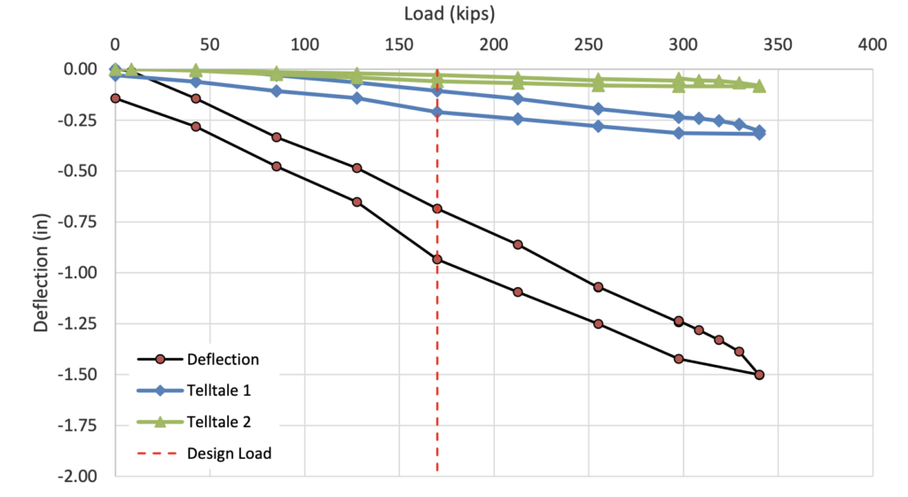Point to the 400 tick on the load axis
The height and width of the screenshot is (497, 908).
[x=873, y=43]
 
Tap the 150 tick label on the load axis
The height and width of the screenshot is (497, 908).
[x=399, y=43]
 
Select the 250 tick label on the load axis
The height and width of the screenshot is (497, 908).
[x=589, y=43]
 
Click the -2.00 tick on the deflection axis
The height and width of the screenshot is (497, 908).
[x=77, y=477]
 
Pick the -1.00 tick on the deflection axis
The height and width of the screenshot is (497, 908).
[x=77, y=273]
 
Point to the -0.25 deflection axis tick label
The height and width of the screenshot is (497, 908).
[x=77, y=120]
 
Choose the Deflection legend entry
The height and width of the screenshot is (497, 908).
[x=223, y=360]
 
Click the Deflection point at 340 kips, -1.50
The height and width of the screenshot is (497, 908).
[x=759, y=375]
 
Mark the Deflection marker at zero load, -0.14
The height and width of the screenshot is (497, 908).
[x=115, y=98]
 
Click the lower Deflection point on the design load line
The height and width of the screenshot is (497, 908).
[x=437, y=260]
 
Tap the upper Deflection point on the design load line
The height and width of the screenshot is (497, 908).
[x=437, y=209]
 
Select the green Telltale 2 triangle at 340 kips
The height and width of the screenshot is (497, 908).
[x=759, y=86]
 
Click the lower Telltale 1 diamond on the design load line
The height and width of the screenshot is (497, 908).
[x=437, y=112]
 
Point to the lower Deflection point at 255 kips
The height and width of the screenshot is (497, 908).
[x=598, y=324]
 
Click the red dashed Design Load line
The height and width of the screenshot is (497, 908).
[x=437, y=354]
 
